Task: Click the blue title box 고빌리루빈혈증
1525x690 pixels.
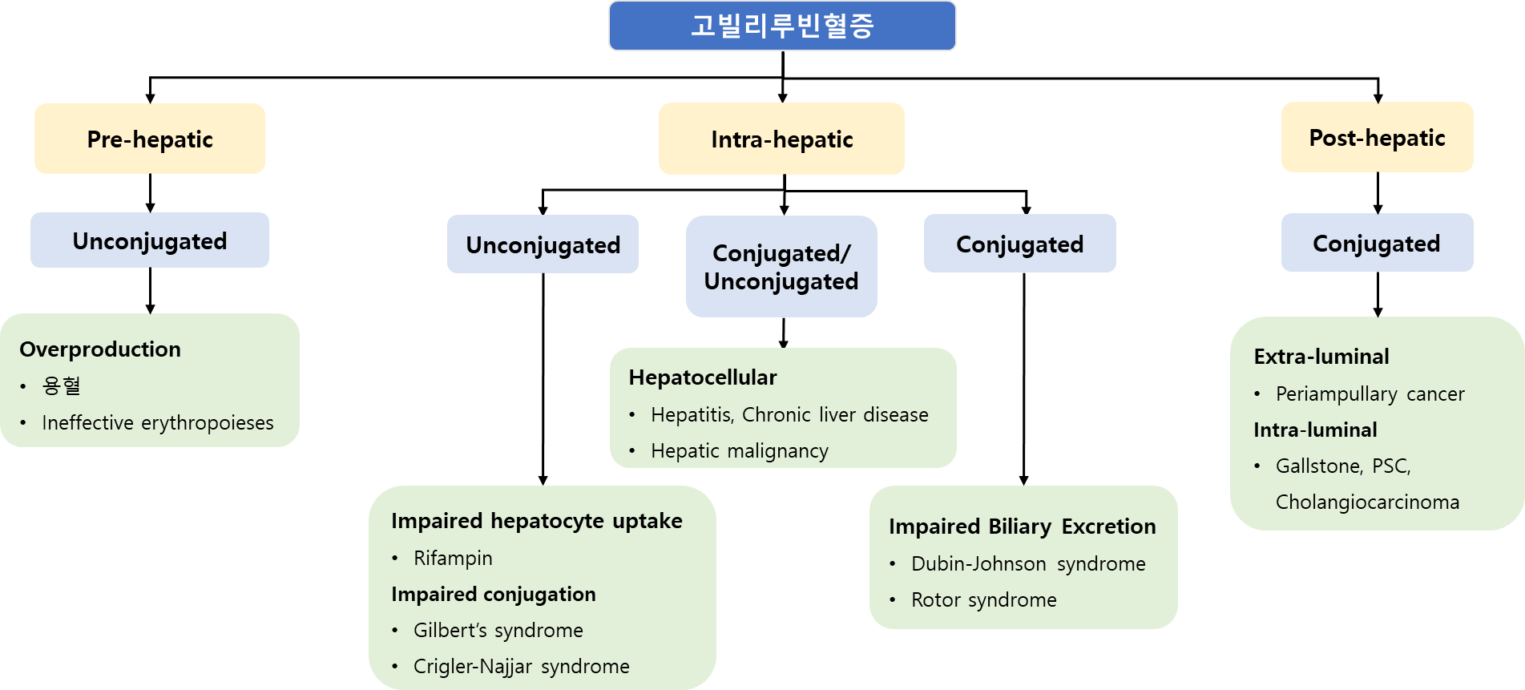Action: tap(782, 26)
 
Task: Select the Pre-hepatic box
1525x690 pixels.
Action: tap(150, 139)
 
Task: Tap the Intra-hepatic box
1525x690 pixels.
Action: tap(781, 139)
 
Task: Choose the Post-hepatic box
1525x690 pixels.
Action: tap(1377, 137)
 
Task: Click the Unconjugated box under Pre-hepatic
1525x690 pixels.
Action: tap(150, 240)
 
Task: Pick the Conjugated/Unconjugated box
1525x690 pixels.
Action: tap(781, 267)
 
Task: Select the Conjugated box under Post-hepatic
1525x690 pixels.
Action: tap(1377, 243)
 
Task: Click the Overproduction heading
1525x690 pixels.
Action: tap(100, 349)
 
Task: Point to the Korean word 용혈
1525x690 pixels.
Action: tap(62, 385)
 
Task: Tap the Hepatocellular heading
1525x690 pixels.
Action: tap(703, 377)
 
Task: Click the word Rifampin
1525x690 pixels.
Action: tap(453, 558)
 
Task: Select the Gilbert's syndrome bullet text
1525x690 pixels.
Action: tap(498, 630)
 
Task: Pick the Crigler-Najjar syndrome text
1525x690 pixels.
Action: tap(522, 666)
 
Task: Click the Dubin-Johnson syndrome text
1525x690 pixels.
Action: tap(1028, 563)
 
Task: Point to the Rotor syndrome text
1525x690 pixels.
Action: tap(984, 599)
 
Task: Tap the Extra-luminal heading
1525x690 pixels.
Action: tap(1321, 357)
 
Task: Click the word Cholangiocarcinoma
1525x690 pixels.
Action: tap(1367, 502)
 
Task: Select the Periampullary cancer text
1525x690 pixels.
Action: tap(1370, 393)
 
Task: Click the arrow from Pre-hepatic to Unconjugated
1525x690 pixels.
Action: tap(150, 193)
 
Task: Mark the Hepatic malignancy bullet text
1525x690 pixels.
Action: tap(740, 451)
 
